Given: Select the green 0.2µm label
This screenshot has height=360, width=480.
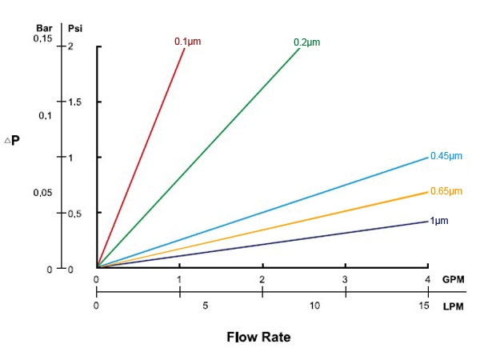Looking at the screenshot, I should coord(307,42).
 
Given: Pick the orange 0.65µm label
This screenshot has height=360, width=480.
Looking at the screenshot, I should coord(446,191).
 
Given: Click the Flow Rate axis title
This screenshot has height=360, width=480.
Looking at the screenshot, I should coord(258,337).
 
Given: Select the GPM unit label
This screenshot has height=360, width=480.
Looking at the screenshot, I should coord(453,279).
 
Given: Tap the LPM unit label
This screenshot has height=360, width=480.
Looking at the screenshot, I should coord(453,306).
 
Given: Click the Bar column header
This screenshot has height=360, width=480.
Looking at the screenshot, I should coord(44,29).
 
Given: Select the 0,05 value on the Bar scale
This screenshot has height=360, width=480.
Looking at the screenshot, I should coord(42,193).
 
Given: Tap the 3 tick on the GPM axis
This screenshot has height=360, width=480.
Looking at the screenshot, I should coord(345,279).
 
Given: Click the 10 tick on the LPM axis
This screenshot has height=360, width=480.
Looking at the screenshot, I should coord(314,306).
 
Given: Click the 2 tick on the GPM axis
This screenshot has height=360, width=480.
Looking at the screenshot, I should coord(262,279).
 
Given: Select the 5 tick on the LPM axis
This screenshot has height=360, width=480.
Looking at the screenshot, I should coord(206,306).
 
